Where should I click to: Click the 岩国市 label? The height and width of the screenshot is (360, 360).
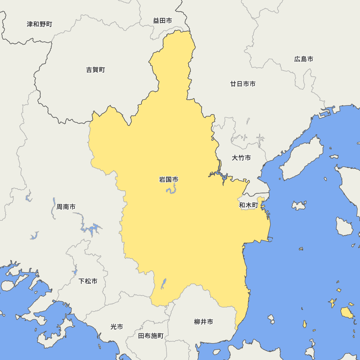click(x=168, y=179)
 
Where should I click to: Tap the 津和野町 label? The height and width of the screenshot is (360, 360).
click(x=40, y=24)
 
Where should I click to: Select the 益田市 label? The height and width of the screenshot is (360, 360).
click(x=162, y=21)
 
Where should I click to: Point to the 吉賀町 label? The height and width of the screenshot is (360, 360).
click(x=95, y=70)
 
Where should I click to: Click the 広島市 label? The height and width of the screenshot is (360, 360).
click(x=303, y=59)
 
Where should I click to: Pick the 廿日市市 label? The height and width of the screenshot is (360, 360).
click(x=243, y=84)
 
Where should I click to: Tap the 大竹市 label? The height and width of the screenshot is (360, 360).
click(x=241, y=158)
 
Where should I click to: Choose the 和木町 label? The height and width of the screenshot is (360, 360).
click(x=249, y=205)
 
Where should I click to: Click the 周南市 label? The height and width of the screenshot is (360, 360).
click(x=66, y=207)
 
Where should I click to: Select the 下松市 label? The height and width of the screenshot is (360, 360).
click(x=88, y=281)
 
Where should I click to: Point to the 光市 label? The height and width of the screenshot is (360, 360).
click(x=117, y=327)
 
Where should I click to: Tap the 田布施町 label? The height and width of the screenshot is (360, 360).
click(x=151, y=336)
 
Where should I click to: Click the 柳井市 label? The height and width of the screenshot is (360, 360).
click(x=203, y=322)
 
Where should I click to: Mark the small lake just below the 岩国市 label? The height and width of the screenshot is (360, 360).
click(x=171, y=190)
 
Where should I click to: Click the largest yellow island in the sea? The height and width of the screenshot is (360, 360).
click(x=347, y=312)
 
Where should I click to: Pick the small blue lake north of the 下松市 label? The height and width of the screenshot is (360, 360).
click(x=75, y=271)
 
